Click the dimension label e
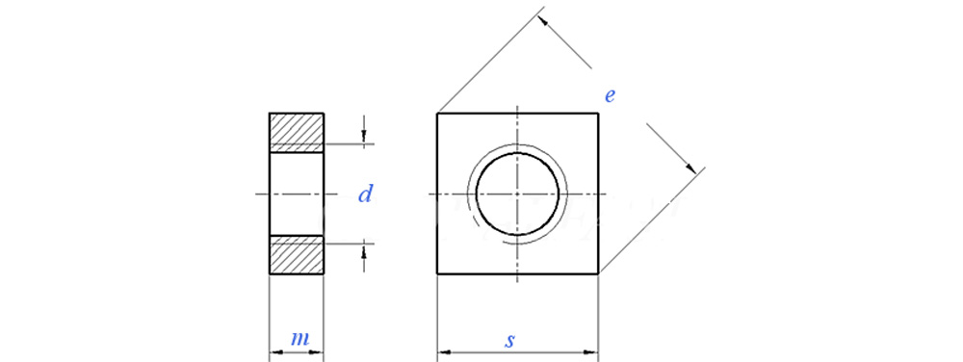click(x=610, y=95)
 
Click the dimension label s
click(x=509, y=341)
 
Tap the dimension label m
click(x=299, y=339)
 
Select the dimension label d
click(x=365, y=194)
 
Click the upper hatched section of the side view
click(x=297, y=132)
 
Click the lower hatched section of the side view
click(x=297, y=254)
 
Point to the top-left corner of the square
click(x=437, y=114)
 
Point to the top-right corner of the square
click(x=598, y=114)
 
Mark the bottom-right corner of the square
click(x=598, y=273)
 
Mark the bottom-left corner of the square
click(x=437, y=273)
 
